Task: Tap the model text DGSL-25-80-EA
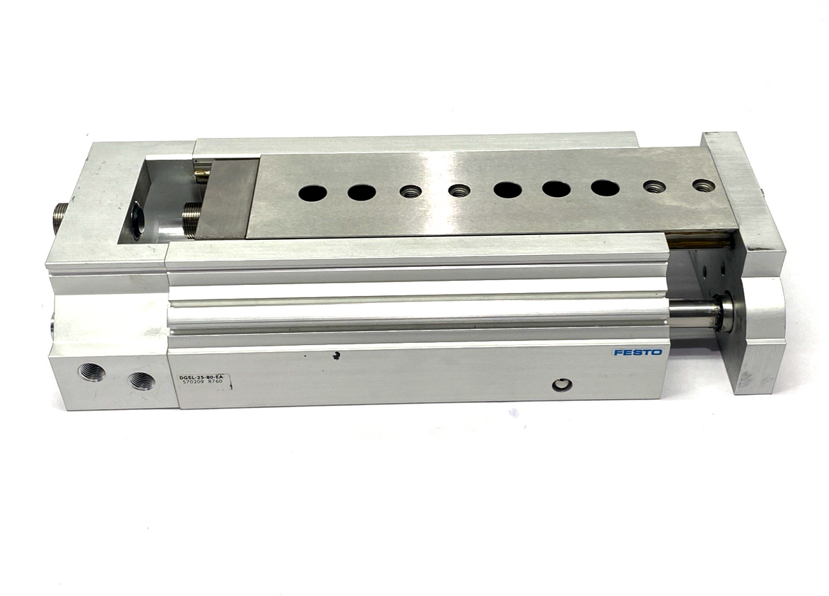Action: coord(204,378)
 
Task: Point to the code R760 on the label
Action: coord(216,382)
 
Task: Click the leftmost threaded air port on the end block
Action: coord(92,372)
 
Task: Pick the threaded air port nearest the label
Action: coord(142,380)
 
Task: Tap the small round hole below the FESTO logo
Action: coord(561,386)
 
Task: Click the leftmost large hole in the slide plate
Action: coord(313,193)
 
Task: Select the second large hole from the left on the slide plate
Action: coord(361,192)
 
